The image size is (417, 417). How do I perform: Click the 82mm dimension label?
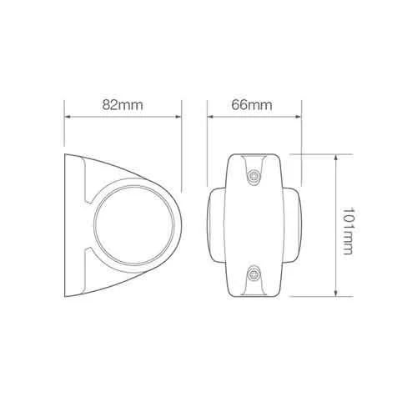(123, 105)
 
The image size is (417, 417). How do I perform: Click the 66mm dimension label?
(252, 105)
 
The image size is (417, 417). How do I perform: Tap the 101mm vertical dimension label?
(347, 231)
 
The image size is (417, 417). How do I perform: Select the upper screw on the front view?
(254, 176)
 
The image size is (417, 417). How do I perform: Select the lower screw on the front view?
(254, 275)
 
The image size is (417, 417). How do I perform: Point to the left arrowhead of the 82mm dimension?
(68, 117)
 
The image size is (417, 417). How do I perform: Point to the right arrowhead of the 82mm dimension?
(178, 117)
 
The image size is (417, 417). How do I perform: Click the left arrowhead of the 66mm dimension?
(211, 117)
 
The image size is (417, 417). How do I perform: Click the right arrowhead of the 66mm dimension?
(298, 117)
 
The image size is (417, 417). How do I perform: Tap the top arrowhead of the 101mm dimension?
(336, 158)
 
